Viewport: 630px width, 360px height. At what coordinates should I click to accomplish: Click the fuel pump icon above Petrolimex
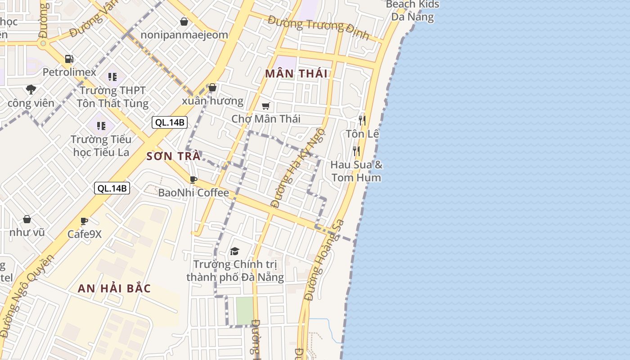(x=69, y=59)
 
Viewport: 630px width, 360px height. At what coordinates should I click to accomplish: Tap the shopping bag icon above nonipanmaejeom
(x=184, y=22)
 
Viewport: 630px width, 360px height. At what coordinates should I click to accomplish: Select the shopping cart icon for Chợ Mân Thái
(x=265, y=106)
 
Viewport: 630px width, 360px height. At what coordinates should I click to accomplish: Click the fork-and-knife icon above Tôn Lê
(x=362, y=121)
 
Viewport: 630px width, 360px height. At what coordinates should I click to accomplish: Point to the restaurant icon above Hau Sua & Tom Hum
(x=356, y=151)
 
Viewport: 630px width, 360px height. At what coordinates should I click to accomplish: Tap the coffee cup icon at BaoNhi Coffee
(x=193, y=180)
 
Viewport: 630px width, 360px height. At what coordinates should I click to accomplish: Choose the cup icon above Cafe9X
(x=84, y=221)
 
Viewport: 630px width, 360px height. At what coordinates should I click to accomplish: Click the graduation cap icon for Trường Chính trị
(x=234, y=251)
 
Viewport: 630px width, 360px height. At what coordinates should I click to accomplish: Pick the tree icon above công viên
(x=31, y=90)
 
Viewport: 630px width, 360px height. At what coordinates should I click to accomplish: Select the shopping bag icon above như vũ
(x=27, y=220)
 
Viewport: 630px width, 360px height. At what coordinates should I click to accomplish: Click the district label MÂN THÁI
(x=296, y=74)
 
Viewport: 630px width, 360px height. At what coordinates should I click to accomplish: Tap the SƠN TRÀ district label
(x=173, y=156)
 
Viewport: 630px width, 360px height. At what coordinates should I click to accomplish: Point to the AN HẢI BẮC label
(x=114, y=288)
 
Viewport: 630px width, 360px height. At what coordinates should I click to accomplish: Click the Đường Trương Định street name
(x=318, y=27)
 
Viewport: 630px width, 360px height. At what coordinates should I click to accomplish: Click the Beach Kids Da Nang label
(x=412, y=11)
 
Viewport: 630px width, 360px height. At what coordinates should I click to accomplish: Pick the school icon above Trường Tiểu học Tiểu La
(x=101, y=126)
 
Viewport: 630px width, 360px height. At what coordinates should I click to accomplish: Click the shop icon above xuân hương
(x=212, y=87)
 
